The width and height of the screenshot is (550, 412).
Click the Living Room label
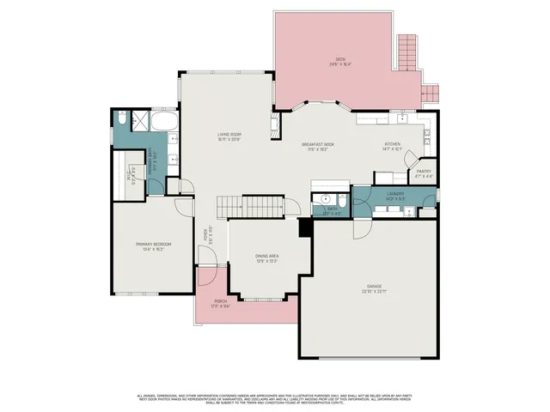229,136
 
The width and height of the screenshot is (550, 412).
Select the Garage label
375,288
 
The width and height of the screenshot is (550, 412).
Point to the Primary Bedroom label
154,246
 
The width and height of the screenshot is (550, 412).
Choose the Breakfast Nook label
317,147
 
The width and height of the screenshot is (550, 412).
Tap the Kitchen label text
393,147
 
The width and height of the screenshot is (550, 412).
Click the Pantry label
424,173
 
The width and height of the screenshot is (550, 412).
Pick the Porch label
221,302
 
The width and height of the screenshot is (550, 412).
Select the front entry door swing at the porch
207,278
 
